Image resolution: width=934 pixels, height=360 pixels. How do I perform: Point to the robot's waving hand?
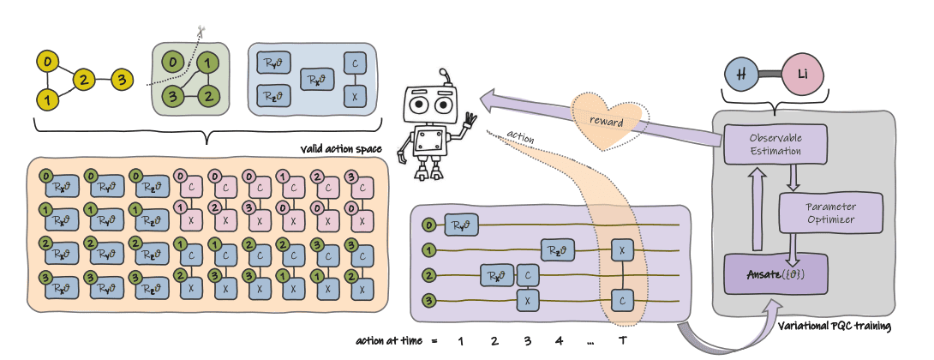[x=470, y=123]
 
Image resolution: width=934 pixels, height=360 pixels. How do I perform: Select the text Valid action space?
[x=338, y=149]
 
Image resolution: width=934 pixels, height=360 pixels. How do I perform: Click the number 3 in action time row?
[x=527, y=341]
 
